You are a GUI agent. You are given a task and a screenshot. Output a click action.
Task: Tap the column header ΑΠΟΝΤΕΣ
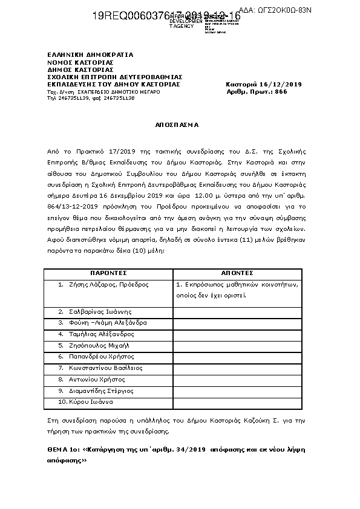(237, 273)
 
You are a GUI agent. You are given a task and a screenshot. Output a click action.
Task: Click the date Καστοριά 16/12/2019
(263, 84)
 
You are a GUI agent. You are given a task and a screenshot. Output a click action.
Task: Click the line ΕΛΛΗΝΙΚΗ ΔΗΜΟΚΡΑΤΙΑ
(90, 55)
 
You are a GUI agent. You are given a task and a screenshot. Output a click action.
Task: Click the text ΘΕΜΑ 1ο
(63, 451)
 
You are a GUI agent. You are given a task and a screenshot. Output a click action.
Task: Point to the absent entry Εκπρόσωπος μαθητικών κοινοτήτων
(237, 284)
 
